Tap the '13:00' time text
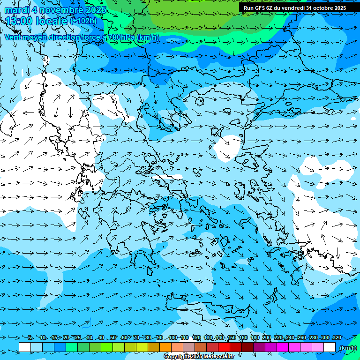(x=19, y=21)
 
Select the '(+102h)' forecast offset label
(x=83, y=21)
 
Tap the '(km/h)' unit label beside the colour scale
(x=347, y=348)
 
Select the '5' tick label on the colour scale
(x=30, y=337)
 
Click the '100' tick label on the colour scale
(x=173, y=337)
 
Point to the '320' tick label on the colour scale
(x=337, y=337)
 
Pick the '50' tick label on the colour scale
(x=113, y=337)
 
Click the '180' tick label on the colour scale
(x=255, y=337)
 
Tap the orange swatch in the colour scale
(x=165, y=347)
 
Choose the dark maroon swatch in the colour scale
(x=247, y=347)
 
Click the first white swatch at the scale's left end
(x=25, y=347)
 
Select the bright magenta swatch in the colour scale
(x=283, y=347)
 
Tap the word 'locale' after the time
(x=51, y=21)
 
